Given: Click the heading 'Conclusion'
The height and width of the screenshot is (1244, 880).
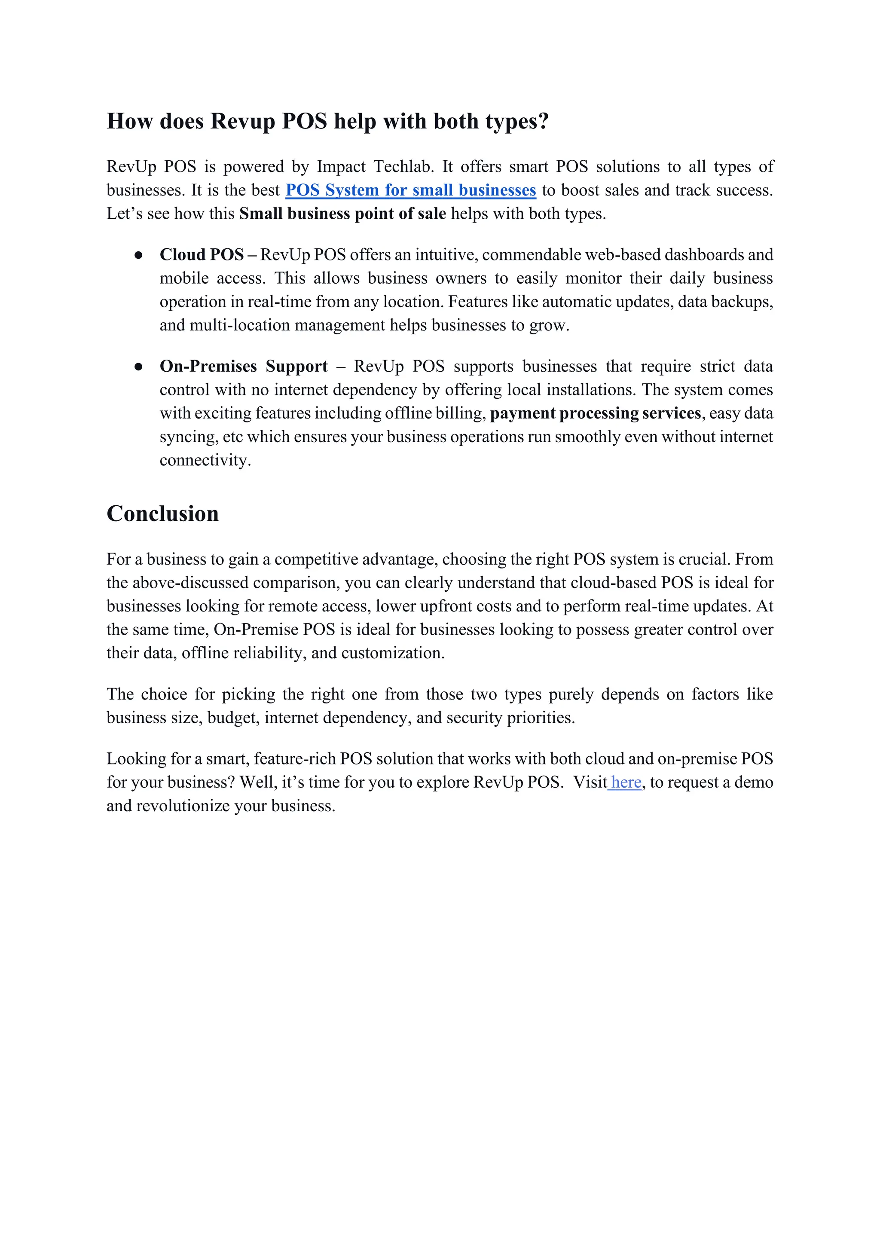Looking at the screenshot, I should (x=162, y=513).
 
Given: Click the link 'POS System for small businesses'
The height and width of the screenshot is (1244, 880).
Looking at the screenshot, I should (x=411, y=190).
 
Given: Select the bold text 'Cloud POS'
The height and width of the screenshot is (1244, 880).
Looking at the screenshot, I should (x=202, y=255).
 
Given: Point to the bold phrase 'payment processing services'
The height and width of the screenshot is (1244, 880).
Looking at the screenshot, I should (x=596, y=413).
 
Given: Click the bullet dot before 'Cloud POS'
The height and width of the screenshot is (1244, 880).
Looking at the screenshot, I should (x=139, y=255).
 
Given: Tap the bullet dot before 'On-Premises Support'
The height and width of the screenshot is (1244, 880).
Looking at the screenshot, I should (x=139, y=367).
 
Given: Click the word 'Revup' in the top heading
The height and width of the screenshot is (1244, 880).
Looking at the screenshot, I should (x=242, y=121).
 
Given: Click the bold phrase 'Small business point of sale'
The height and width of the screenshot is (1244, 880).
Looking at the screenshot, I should (x=342, y=214).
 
